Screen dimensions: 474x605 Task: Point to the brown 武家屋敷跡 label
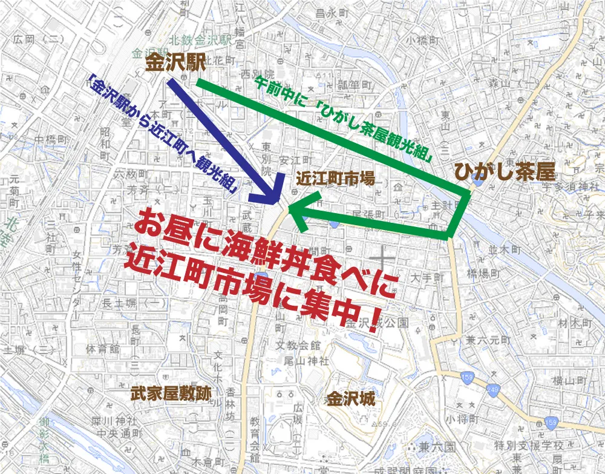(171, 393)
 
